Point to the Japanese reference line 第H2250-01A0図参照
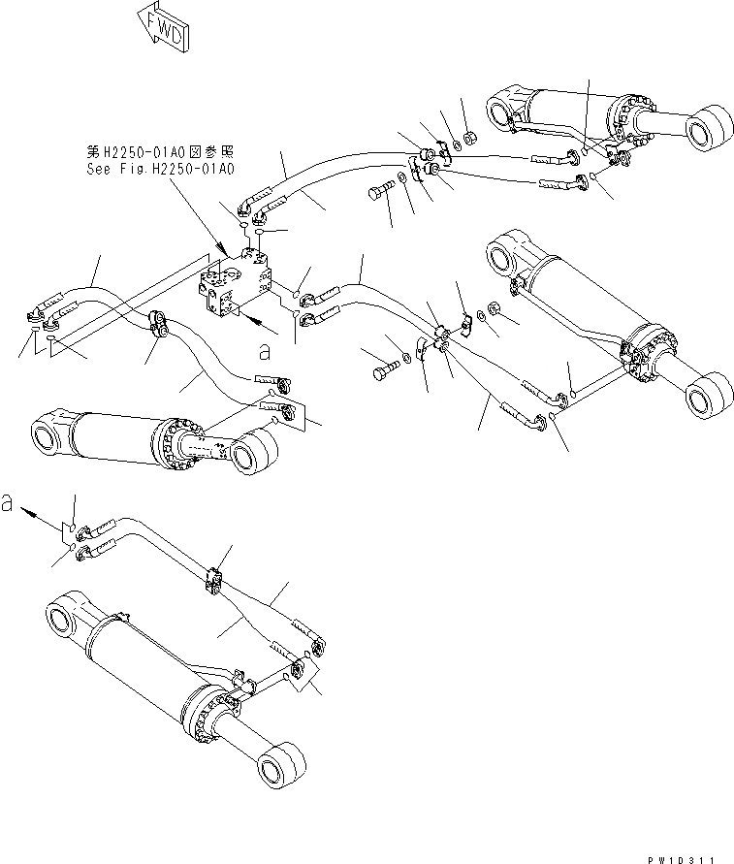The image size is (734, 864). coord(160,152)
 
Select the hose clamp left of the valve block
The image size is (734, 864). coord(159,323)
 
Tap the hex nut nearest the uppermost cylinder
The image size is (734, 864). coord(467,136)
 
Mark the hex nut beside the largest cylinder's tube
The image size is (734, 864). coord(491,309)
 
